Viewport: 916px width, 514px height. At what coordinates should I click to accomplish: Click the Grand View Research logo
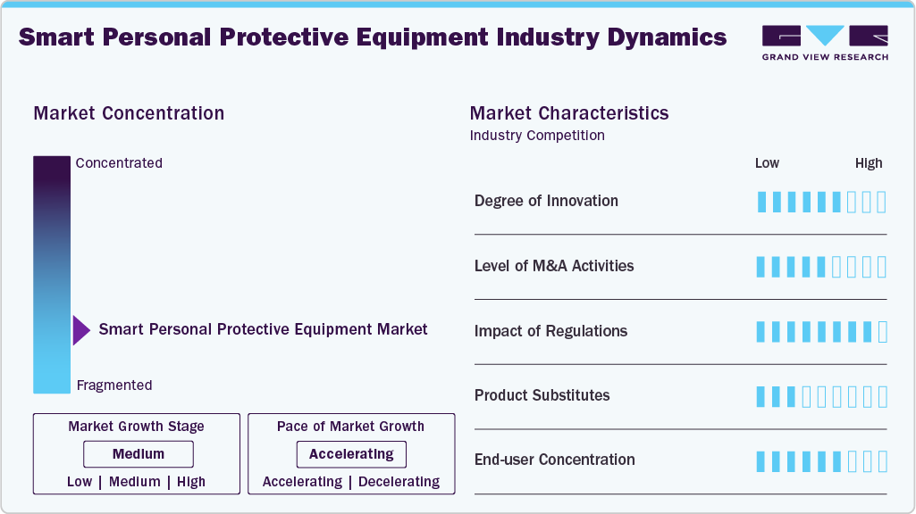coord(824,42)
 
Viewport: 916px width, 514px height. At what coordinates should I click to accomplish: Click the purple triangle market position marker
coord(81,330)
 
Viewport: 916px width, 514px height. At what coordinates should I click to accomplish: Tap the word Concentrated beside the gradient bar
coord(119,163)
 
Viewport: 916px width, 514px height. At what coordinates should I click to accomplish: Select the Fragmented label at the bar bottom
coord(114,385)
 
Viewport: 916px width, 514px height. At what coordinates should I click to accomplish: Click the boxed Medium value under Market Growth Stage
coord(139,454)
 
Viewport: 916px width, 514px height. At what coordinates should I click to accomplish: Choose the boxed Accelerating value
coord(351,454)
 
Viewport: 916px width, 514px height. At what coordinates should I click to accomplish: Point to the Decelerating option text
coord(399,482)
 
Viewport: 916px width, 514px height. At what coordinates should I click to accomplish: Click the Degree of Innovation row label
coord(546,201)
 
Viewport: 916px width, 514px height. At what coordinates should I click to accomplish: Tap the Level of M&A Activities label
coord(554,266)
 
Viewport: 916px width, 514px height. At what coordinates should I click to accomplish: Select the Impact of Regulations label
coord(550,331)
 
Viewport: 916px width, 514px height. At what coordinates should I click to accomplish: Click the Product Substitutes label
coord(542,395)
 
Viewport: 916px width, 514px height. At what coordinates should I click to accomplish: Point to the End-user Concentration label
coord(554,460)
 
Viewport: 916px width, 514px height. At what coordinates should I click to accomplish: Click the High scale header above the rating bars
coord(868,163)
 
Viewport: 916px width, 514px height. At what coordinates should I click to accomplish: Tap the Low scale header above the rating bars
coord(767,163)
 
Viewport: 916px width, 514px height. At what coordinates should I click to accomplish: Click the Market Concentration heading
coord(129,113)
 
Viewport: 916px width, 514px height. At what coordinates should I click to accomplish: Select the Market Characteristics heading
coord(568,113)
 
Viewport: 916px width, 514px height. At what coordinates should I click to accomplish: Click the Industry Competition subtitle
coord(537,136)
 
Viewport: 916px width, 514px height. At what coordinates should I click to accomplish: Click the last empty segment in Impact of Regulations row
coord(882,332)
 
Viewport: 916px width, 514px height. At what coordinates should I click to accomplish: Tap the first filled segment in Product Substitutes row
coord(761,396)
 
